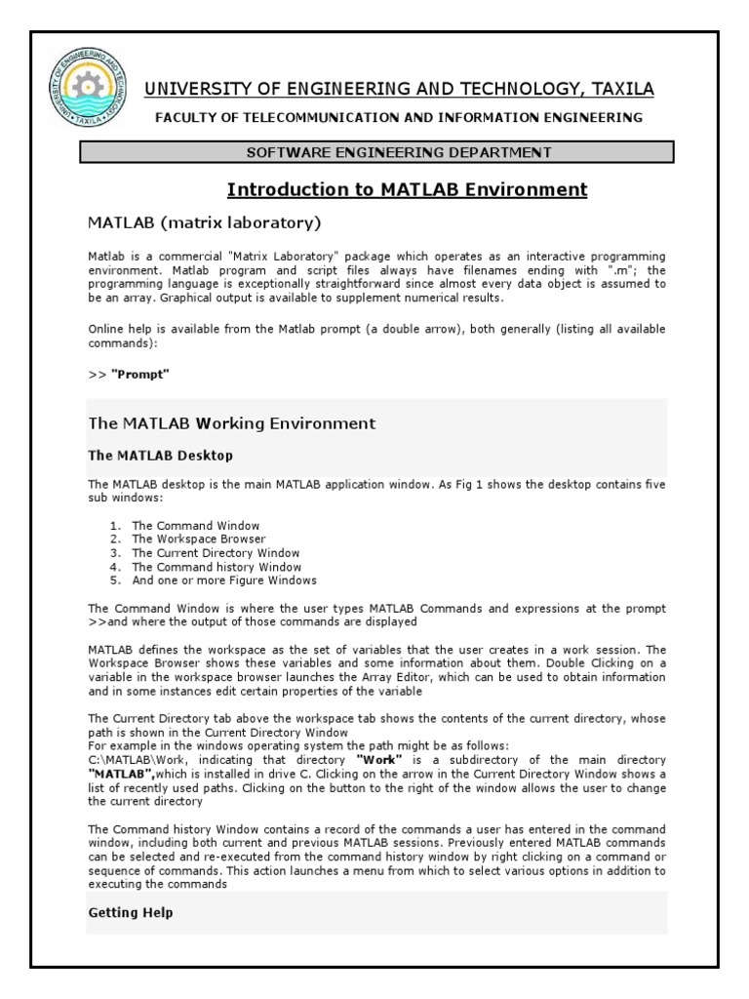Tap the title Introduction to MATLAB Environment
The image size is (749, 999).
(x=407, y=189)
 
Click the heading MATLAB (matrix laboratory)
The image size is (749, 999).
(x=205, y=223)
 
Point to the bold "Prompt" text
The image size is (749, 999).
(x=140, y=375)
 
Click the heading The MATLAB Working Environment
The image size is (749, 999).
(x=231, y=423)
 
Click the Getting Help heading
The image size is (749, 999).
(x=131, y=913)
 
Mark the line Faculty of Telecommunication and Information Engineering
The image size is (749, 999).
(x=394, y=118)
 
